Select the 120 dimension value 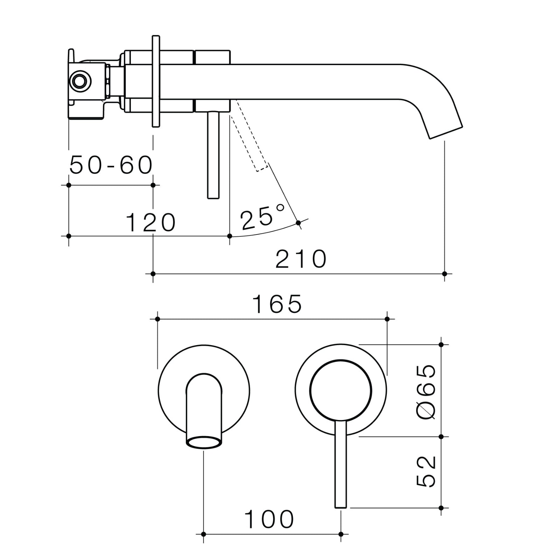150,223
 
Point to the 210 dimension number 301,259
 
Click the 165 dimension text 276,304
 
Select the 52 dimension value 427,471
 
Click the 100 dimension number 269,519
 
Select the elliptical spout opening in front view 204,442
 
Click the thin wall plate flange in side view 156,81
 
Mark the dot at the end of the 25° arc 298,223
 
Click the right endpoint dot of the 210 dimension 444,274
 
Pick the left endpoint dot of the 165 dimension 157,319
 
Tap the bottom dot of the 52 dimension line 441,508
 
